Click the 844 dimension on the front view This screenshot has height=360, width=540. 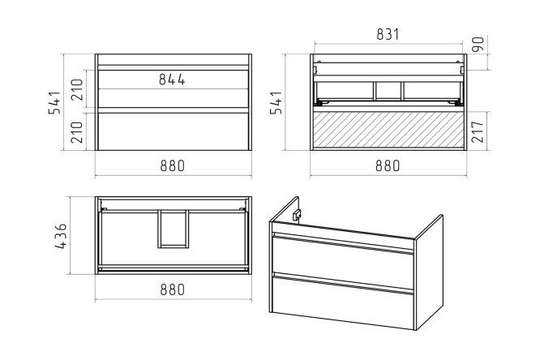tap(172, 79)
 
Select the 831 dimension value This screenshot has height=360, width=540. tap(388, 34)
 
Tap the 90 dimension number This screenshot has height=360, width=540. tap(478, 44)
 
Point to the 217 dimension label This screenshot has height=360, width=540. tap(478, 131)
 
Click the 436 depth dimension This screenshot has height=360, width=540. tap(61, 236)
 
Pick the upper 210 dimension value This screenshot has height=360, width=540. tap(77, 89)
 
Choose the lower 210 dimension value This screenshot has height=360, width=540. tap(77, 132)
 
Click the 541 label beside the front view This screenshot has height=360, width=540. tap(54, 102)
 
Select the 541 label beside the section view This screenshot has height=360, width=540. tap(276, 102)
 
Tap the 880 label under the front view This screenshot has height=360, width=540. tap(173, 166)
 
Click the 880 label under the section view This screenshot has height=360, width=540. tap(388, 166)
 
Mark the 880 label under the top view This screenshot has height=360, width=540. tap(173, 289)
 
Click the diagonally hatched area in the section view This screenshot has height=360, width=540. tap(388, 130)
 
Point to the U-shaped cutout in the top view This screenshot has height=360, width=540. tap(174, 246)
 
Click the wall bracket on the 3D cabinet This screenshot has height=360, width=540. tap(296, 215)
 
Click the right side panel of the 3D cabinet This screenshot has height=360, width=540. tap(429, 272)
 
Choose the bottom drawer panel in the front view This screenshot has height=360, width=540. tap(174, 131)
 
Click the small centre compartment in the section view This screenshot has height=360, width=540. tap(388, 91)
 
